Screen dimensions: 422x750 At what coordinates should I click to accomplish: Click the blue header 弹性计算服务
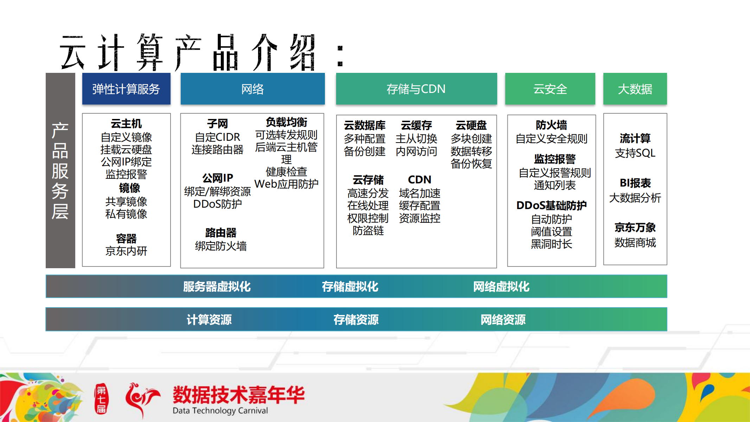pyautogui.click(x=126, y=89)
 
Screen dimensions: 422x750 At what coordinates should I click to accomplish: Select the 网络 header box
pyautogui.click(x=252, y=89)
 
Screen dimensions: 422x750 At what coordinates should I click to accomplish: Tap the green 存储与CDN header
pyautogui.click(x=416, y=89)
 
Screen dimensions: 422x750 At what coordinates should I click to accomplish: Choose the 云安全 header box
pyautogui.click(x=550, y=89)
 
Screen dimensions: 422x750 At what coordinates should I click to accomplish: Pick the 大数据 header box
pyautogui.click(x=635, y=89)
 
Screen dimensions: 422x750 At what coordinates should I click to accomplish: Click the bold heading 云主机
pyautogui.click(x=126, y=124)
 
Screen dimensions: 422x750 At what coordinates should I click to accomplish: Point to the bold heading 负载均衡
pyautogui.click(x=287, y=122)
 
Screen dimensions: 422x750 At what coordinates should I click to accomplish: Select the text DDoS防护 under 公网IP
pyautogui.click(x=218, y=204)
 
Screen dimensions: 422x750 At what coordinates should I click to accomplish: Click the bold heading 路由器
pyautogui.click(x=221, y=233)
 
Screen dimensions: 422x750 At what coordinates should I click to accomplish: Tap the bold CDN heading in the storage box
pyautogui.click(x=419, y=179)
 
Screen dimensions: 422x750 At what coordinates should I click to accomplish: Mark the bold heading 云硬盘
pyautogui.click(x=471, y=125)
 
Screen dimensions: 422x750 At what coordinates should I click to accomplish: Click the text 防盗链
pyautogui.click(x=368, y=231)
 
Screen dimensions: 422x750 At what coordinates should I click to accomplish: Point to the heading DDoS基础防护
pyautogui.click(x=551, y=205)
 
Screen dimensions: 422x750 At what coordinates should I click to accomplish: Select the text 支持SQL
pyautogui.click(x=635, y=153)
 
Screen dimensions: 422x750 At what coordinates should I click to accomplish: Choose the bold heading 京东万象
pyautogui.click(x=635, y=227)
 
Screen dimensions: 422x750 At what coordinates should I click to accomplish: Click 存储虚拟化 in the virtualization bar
pyautogui.click(x=350, y=286)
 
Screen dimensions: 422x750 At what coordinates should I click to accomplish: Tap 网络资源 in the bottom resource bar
pyautogui.click(x=503, y=320)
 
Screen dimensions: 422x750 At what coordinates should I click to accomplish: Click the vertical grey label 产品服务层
pyautogui.click(x=60, y=171)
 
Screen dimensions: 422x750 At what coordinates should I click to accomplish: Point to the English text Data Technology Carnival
pyautogui.click(x=220, y=411)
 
